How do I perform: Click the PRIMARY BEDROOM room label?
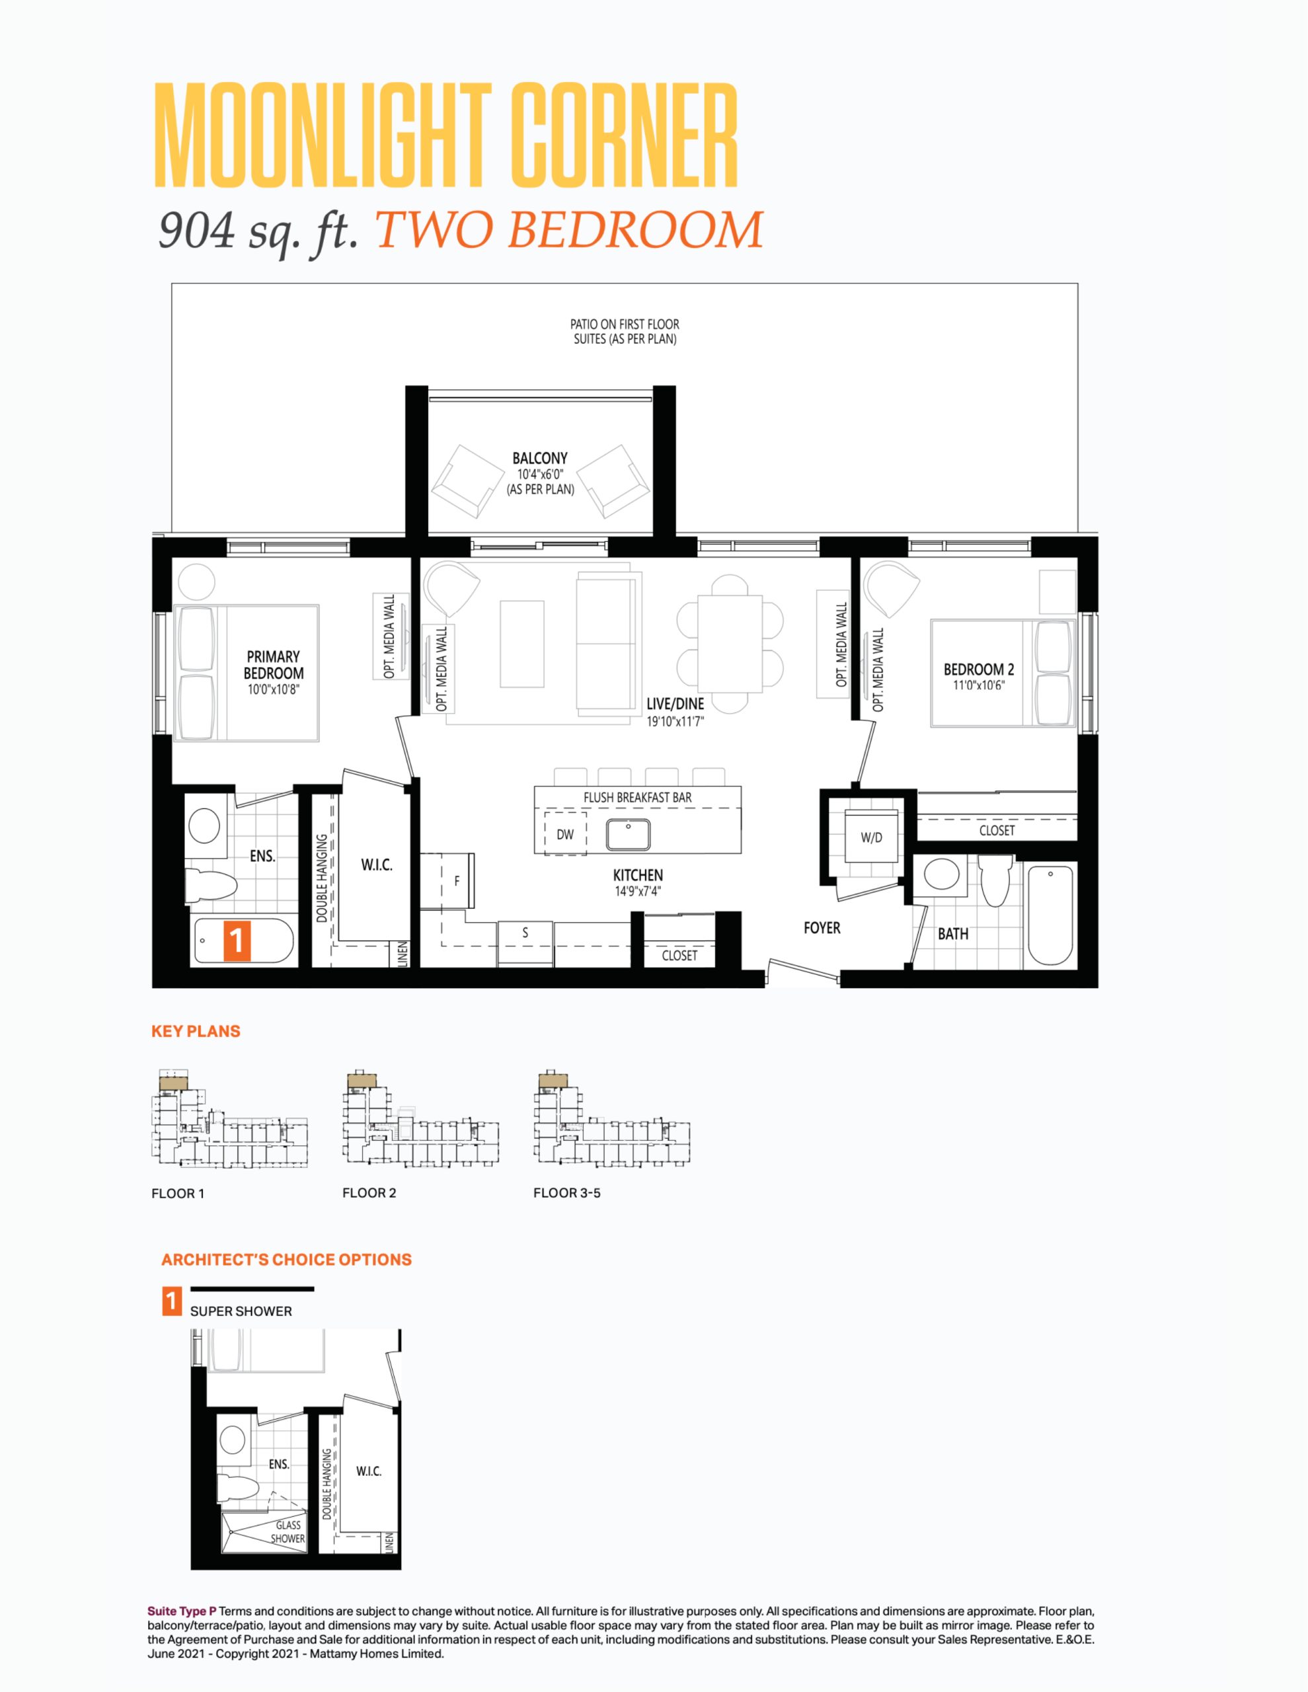(274, 665)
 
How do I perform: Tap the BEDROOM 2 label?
(979, 670)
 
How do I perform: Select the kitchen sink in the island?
(628, 834)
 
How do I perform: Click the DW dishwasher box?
(565, 833)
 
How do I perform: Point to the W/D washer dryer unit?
(871, 836)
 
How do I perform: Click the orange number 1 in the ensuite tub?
(237, 941)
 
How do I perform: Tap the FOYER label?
(822, 927)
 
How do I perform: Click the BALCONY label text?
(540, 458)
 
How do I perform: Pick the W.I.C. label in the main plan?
(377, 865)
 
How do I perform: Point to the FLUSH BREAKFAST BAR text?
(638, 797)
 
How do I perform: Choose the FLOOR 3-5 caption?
(566, 1193)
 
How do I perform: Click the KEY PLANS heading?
(196, 1031)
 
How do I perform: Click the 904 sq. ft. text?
(258, 231)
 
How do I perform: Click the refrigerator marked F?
(457, 881)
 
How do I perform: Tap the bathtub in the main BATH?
(1050, 915)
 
